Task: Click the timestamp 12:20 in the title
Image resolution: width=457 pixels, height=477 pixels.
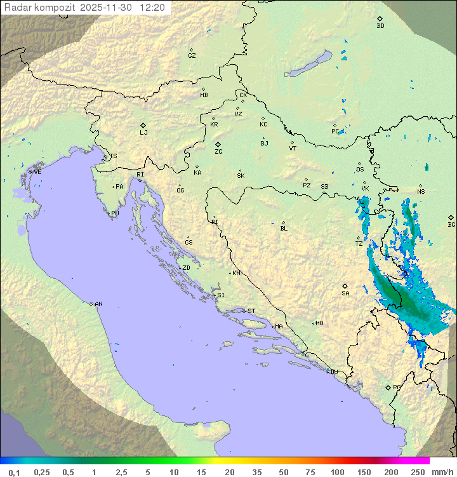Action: click(x=152, y=8)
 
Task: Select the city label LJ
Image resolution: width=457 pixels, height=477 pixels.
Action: click(x=143, y=132)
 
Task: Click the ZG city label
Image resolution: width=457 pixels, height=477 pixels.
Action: click(x=218, y=152)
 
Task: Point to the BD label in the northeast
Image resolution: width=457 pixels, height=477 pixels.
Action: click(x=380, y=26)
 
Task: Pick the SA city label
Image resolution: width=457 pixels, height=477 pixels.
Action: click(x=345, y=293)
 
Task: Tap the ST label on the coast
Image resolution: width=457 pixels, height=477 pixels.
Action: click(x=251, y=311)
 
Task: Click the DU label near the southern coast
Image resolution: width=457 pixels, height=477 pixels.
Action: click(x=333, y=372)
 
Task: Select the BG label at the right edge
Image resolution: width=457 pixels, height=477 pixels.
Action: click(x=451, y=224)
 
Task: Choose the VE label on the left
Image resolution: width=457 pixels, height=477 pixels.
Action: click(x=37, y=172)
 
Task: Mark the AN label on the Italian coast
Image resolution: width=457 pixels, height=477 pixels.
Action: click(x=98, y=304)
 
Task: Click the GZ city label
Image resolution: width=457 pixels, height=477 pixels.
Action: click(x=192, y=55)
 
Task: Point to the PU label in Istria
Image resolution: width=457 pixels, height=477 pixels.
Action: click(x=115, y=213)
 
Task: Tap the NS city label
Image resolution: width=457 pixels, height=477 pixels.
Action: click(x=421, y=191)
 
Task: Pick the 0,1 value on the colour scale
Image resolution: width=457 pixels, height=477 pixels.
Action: click(x=14, y=472)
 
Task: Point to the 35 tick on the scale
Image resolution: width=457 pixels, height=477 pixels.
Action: click(x=256, y=472)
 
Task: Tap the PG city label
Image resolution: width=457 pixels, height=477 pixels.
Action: click(x=397, y=387)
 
